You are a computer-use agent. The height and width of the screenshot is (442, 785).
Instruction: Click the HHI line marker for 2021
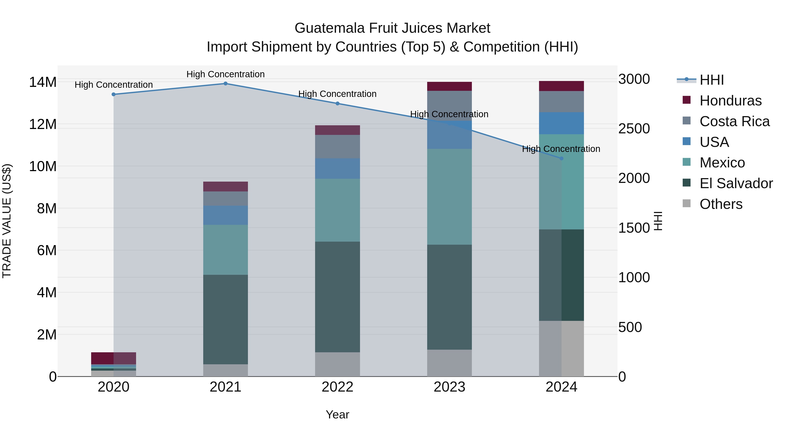(225, 84)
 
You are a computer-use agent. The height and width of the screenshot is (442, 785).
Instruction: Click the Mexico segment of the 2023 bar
(449, 197)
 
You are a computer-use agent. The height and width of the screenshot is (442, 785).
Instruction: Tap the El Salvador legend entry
(736, 183)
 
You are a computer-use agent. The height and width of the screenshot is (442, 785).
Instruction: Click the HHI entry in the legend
(711, 80)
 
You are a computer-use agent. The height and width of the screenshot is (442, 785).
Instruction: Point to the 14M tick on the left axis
(43, 82)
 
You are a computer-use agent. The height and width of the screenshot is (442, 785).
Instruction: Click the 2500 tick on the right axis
(634, 129)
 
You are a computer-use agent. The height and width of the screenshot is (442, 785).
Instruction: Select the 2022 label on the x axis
(337, 387)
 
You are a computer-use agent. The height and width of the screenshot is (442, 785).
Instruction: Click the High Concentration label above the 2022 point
(337, 94)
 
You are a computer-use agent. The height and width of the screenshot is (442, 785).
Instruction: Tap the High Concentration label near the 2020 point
(114, 85)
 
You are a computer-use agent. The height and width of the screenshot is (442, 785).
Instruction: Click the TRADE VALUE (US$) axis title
(7, 221)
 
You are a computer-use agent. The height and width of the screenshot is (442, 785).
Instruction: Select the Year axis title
(337, 414)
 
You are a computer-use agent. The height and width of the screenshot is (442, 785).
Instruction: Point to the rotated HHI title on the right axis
(658, 221)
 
